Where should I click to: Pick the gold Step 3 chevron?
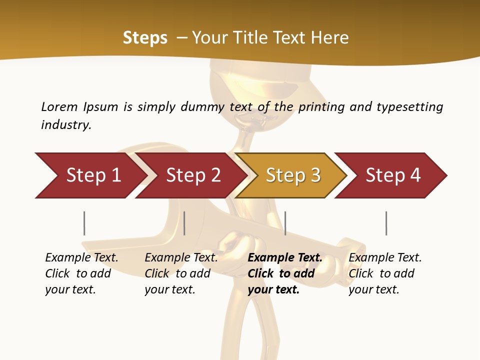pos(293,175)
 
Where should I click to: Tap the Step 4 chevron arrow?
pos(393,175)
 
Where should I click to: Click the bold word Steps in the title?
pos(145,37)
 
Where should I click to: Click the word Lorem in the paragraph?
pos(59,106)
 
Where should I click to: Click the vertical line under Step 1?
pos(84,223)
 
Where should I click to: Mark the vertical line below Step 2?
pos(184,223)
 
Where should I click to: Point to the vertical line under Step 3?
pos(285,223)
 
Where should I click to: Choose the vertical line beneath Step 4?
pos(386,223)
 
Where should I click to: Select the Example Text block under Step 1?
pos(81,273)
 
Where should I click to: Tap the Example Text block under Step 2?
pos(181,273)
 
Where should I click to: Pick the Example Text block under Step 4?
pos(385,273)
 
